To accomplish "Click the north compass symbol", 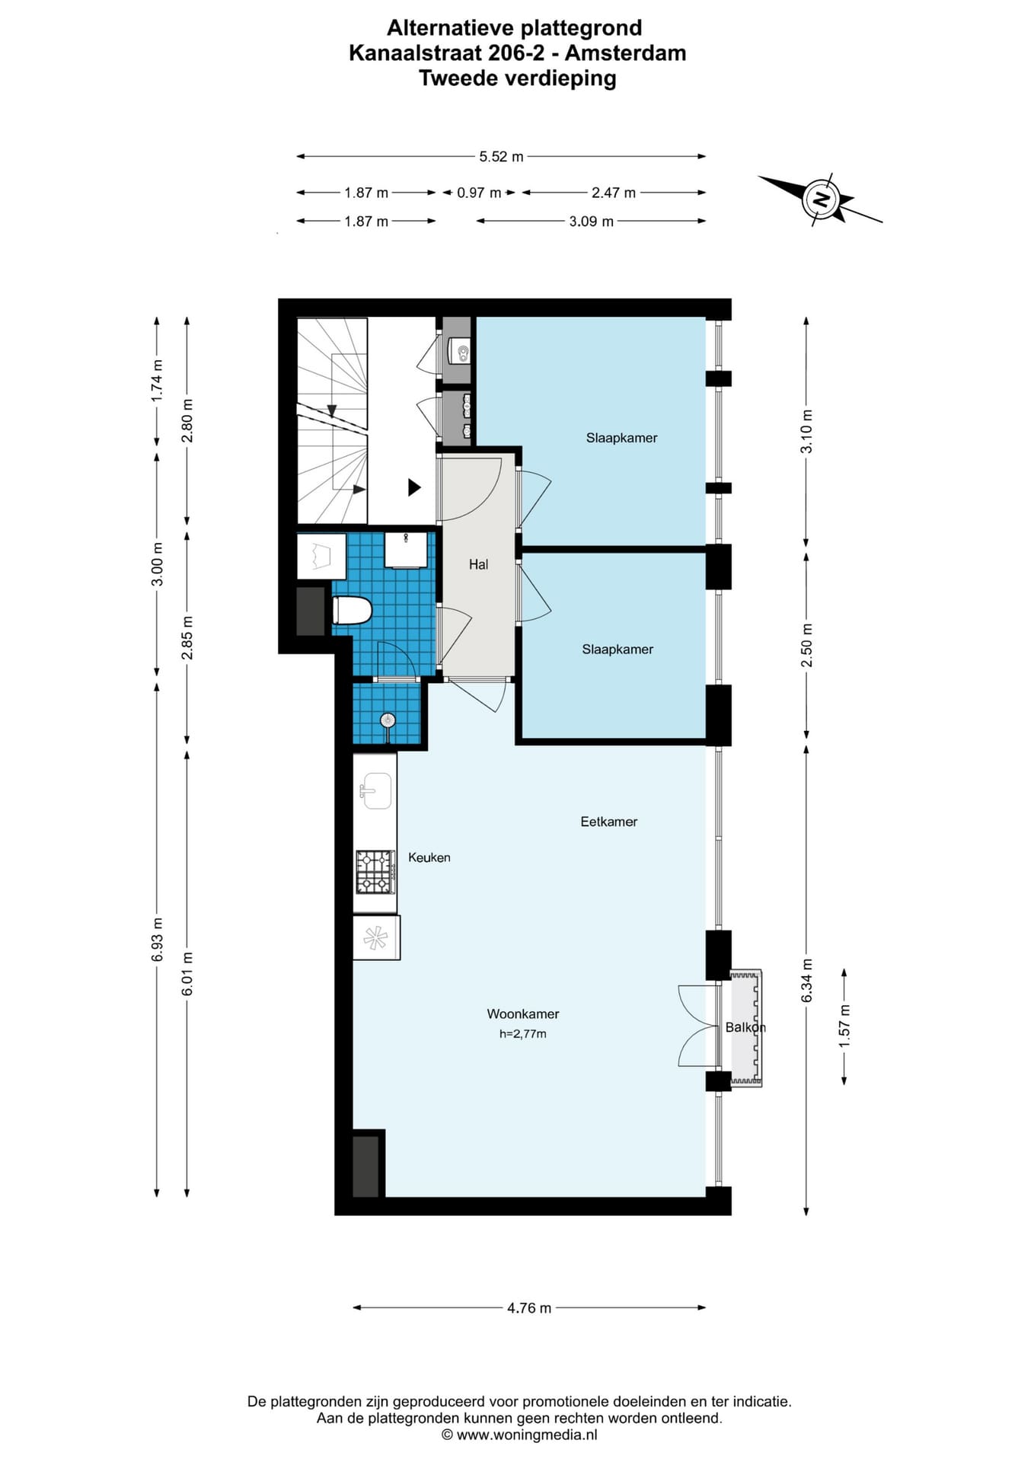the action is pos(821,200).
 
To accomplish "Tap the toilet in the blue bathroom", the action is pos(352,610).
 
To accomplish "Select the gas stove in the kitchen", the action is pos(375,872).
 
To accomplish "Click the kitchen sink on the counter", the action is pos(376,790).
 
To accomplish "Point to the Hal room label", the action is pos(478,564).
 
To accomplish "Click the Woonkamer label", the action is pos(523,1014).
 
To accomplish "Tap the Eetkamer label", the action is pos(608,822).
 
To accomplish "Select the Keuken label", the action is pos(429,857).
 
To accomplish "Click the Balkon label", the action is pos(745,1027).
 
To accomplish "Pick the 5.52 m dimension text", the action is pos(501,156).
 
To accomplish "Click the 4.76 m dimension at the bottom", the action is pos(529,1308).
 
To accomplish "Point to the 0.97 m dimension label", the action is pos(479,193).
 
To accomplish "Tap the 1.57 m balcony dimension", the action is pos(844,1026).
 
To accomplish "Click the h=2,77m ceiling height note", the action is pos(523,1034).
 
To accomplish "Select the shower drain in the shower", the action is pos(388,720).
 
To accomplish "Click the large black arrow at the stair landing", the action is pos(414,487).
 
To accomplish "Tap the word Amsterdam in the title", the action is pos(626,53).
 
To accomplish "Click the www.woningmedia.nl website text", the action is pos(527,1435).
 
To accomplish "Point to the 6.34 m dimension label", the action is pos(807,980).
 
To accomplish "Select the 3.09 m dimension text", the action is pos(591,222).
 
